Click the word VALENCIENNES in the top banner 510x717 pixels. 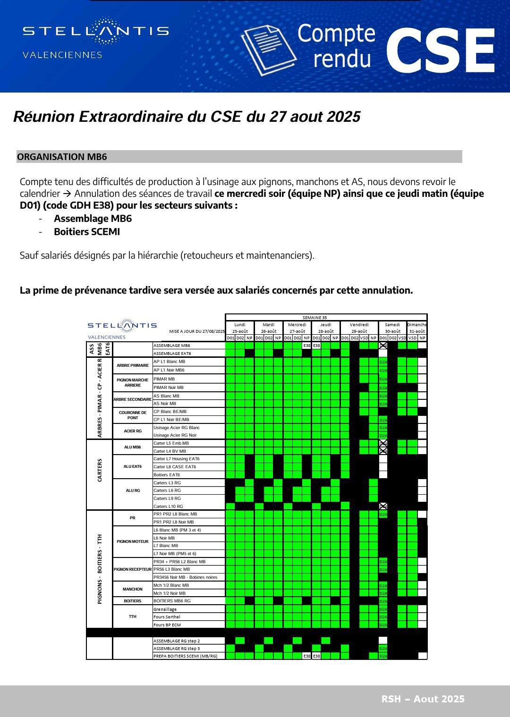pos(62,55)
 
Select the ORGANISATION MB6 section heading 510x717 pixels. pos(62,157)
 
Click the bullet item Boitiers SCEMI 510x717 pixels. pos(87,232)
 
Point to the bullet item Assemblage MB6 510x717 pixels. pos(93,219)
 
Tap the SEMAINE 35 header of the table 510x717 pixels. pos(314,318)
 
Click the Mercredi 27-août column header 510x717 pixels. pos(297,328)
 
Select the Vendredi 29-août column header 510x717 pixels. pos(359,328)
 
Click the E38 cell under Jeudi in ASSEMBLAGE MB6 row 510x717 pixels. pos(316,346)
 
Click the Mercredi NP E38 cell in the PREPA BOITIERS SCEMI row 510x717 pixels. pos(307,656)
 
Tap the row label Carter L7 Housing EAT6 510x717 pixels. pos(177,459)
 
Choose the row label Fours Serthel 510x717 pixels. pos(167,617)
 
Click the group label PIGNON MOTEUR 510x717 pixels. pos(133,541)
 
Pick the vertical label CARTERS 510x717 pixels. pos(100,470)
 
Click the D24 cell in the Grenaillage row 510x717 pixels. pos(383,609)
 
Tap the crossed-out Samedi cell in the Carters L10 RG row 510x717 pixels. pos(383,506)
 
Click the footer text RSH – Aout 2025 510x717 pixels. pos(423,699)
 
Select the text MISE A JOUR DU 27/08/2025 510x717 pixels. pos(197,331)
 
